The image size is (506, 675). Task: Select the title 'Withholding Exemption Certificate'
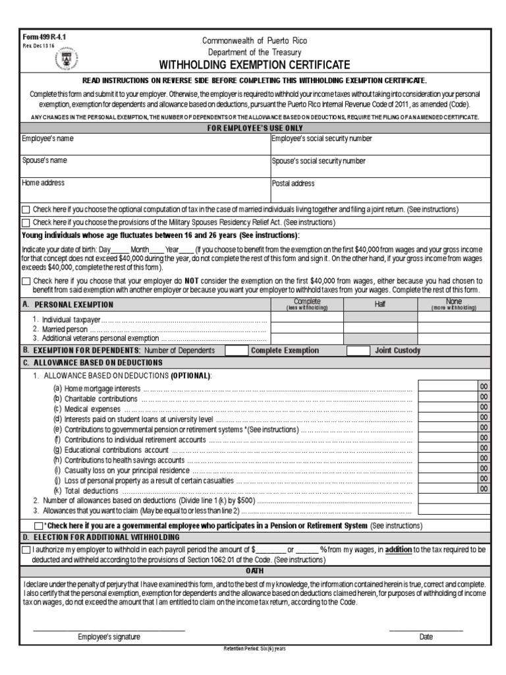pos(254,65)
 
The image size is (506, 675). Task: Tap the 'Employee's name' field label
pos(48,139)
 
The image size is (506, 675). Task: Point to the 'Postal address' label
pos(293,183)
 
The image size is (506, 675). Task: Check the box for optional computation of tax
pos(26,210)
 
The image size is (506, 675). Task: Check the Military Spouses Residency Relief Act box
pos(26,223)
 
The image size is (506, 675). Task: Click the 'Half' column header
pos(380,305)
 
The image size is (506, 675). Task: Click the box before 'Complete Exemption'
pos(236,351)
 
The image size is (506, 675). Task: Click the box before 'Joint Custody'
pos(358,351)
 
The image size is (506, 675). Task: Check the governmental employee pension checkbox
pos(38,526)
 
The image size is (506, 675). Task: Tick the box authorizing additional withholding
pos(26,549)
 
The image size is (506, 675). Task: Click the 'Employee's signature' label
pos(109,637)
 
